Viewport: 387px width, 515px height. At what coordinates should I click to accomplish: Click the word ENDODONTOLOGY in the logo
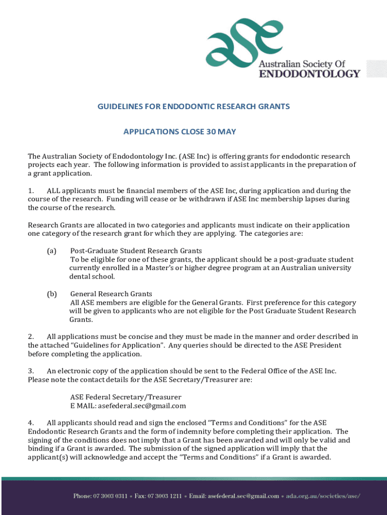[x=309, y=74]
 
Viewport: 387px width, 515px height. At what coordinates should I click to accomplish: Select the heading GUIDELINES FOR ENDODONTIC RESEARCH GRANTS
[x=193, y=107]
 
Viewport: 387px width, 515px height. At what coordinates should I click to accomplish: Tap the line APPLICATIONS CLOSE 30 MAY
[x=179, y=132]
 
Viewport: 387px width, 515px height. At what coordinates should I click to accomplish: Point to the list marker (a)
[x=51, y=250]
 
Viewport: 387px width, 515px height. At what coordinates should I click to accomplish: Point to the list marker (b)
[x=51, y=294]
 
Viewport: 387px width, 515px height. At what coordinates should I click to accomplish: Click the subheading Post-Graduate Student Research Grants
[x=136, y=250]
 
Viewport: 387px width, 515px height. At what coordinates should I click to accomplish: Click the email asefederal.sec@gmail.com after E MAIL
[x=142, y=406]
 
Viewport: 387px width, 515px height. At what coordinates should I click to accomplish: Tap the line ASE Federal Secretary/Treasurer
[x=126, y=397]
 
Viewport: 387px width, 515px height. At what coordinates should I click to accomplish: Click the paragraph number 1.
[x=31, y=191]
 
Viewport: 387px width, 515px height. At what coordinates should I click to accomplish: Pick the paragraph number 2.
[x=31, y=336]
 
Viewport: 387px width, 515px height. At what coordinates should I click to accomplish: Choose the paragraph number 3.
[x=31, y=371]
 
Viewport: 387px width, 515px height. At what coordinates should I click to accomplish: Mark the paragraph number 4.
[x=31, y=423]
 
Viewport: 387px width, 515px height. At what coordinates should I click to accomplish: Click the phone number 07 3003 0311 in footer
[x=114, y=496]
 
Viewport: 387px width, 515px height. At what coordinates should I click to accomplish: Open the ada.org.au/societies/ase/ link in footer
[x=323, y=496]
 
